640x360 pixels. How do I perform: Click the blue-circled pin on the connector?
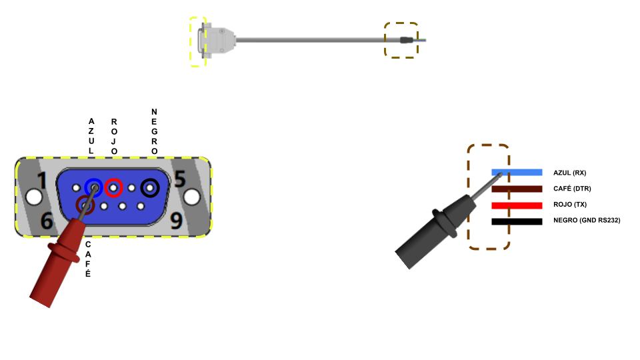click(94, 188)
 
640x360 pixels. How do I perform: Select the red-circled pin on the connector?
click(113, 188)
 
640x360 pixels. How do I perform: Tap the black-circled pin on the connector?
click(150, 188)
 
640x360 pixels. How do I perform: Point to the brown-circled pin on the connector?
click(85, 205)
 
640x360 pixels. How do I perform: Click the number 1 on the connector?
click(42, 181)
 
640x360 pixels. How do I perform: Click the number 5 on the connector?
click(180, 179)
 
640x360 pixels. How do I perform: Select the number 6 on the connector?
click(47, 221)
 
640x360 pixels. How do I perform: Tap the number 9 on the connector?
click(176, 221)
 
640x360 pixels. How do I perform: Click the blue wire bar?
click(517, 173)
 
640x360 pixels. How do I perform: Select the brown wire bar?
click(517, 189)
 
